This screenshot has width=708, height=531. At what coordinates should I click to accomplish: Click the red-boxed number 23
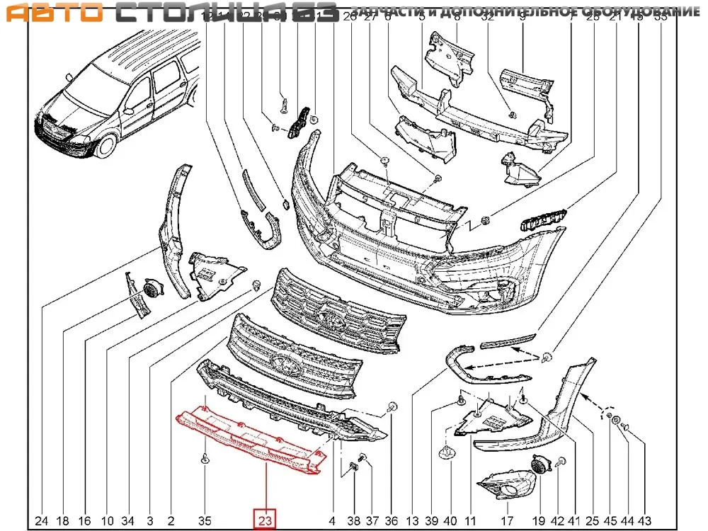pyautogui.click(x=265, y=520)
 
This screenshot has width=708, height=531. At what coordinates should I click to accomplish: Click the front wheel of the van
pyautogui.click(x=105, y=145)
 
